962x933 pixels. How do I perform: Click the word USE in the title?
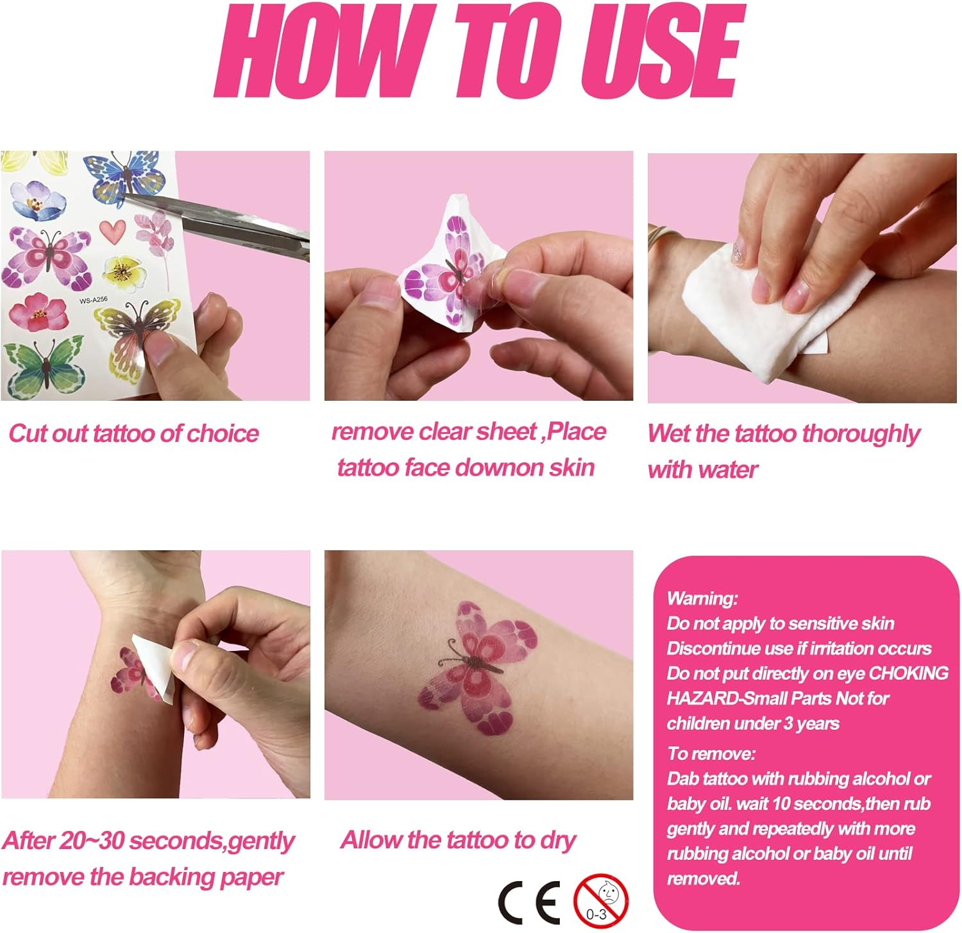point(661,51)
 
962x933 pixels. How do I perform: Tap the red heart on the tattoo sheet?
point(113,231)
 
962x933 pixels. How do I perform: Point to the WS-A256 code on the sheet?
point(93,299)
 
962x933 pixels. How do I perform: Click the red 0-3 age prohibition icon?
point(601,901)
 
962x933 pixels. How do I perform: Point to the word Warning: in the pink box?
point(702,598)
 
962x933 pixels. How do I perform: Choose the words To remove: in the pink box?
point(711,753)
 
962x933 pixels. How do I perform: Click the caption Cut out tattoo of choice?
point(133,433)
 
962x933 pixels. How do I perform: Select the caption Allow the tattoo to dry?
point(458,840)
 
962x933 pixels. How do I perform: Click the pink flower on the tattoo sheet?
point(38,312)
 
